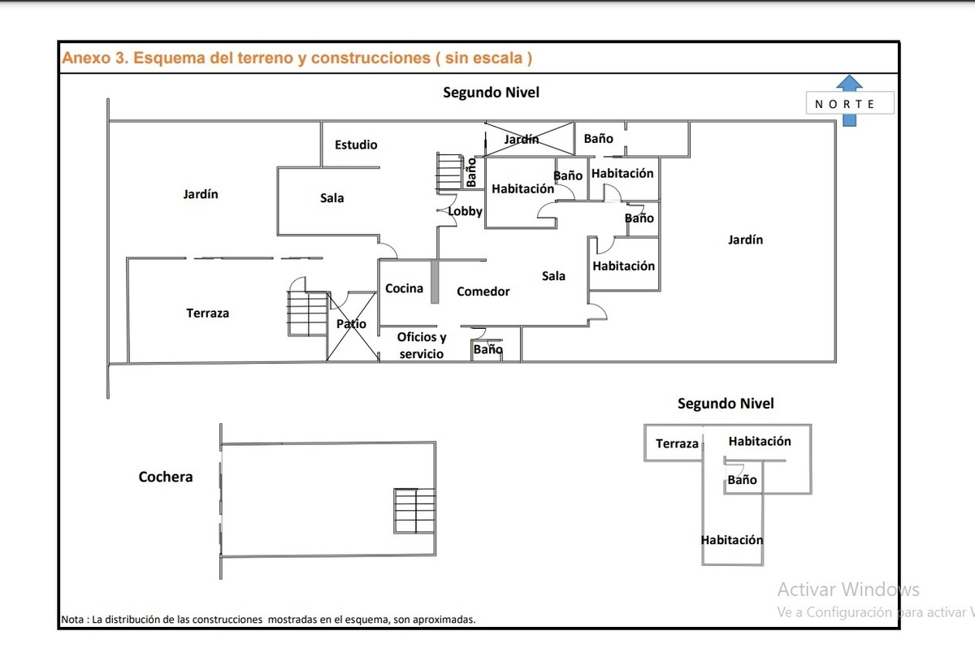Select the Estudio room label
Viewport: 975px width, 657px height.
[x=356, y=145]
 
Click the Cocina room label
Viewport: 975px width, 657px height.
[x=404, y=288]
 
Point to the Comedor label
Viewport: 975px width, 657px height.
[x=483, y=292]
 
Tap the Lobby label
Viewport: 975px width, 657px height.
[x=466, y=211]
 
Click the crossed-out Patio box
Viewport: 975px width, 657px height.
[x=352, y=326]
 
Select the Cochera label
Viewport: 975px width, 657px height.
[x=166, y=477]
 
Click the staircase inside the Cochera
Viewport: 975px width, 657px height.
[x=414, y=510]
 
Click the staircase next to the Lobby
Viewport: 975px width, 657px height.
[x=449, y=172]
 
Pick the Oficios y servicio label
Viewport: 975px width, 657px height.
[x=421, y=345]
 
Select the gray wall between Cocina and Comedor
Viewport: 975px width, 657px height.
[x=435, y=281]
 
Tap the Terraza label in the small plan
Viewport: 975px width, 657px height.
[x=677, y=443]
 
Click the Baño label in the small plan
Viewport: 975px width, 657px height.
[x=742, y=480]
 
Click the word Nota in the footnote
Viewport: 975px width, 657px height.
[x=72, y=619]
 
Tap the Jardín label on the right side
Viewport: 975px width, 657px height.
[x=745, y=240]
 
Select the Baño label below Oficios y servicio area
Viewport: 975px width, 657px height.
[x=487, y=349]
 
